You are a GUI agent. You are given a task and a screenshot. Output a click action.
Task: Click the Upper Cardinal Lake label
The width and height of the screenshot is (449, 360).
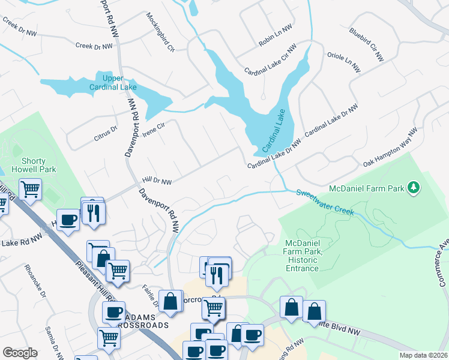[113, 83]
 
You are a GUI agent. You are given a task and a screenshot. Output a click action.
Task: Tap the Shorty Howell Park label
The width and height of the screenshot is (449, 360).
[38, 165]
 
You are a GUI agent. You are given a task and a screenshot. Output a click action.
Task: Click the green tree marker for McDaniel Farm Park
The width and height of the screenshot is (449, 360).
[413, 188]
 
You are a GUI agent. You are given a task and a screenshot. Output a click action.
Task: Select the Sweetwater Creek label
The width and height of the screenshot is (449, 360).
[324, 202]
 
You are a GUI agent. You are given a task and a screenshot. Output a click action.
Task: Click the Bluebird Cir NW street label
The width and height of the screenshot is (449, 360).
[366, 44]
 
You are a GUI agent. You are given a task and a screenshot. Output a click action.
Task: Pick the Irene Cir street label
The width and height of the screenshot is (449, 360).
[153, 128]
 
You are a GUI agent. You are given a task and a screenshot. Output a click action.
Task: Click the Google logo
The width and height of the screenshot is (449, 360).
[20, 353]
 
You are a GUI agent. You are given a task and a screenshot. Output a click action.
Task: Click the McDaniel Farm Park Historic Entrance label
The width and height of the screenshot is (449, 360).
[302, 255]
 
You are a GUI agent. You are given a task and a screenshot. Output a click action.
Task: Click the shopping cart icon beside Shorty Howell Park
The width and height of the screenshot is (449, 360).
[30, 190]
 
